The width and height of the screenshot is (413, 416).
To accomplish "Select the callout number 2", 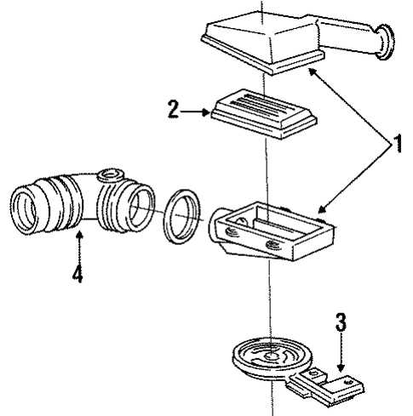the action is coord(173,109).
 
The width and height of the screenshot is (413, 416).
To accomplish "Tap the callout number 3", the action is coord(341,322).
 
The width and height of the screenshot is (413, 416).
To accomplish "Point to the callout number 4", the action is coord(77,273).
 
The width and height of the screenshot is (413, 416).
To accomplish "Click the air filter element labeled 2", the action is coord(263,113).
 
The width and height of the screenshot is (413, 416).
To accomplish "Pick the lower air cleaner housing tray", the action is coord(272,231).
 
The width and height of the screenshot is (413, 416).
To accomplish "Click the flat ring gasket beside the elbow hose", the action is coord(182,216).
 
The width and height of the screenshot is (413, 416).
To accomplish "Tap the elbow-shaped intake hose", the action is coord(83,202).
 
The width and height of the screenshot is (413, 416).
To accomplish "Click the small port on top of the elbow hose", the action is coord(110,174).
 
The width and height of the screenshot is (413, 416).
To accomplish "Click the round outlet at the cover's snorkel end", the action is coord(385,42).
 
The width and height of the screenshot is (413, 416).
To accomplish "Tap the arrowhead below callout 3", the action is coord(341,368).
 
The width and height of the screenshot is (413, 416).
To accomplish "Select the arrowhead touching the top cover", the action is coord(313,72).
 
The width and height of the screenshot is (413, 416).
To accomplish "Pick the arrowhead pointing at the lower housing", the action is coord(322,209).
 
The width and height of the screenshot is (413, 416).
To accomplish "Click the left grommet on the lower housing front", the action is coord(232,232).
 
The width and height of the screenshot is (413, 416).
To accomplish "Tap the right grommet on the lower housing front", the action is coord(273,245).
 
